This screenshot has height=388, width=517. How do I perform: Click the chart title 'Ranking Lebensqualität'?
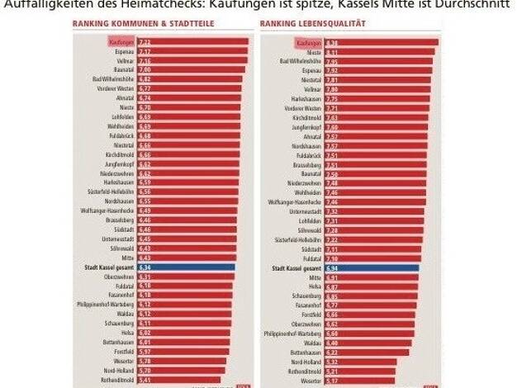[303, 24]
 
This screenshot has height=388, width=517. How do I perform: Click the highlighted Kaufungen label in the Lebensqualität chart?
[310, 41]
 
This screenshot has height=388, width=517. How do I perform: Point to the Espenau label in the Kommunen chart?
[123, 51]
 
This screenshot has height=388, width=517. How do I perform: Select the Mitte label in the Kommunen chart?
[127, 258]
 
